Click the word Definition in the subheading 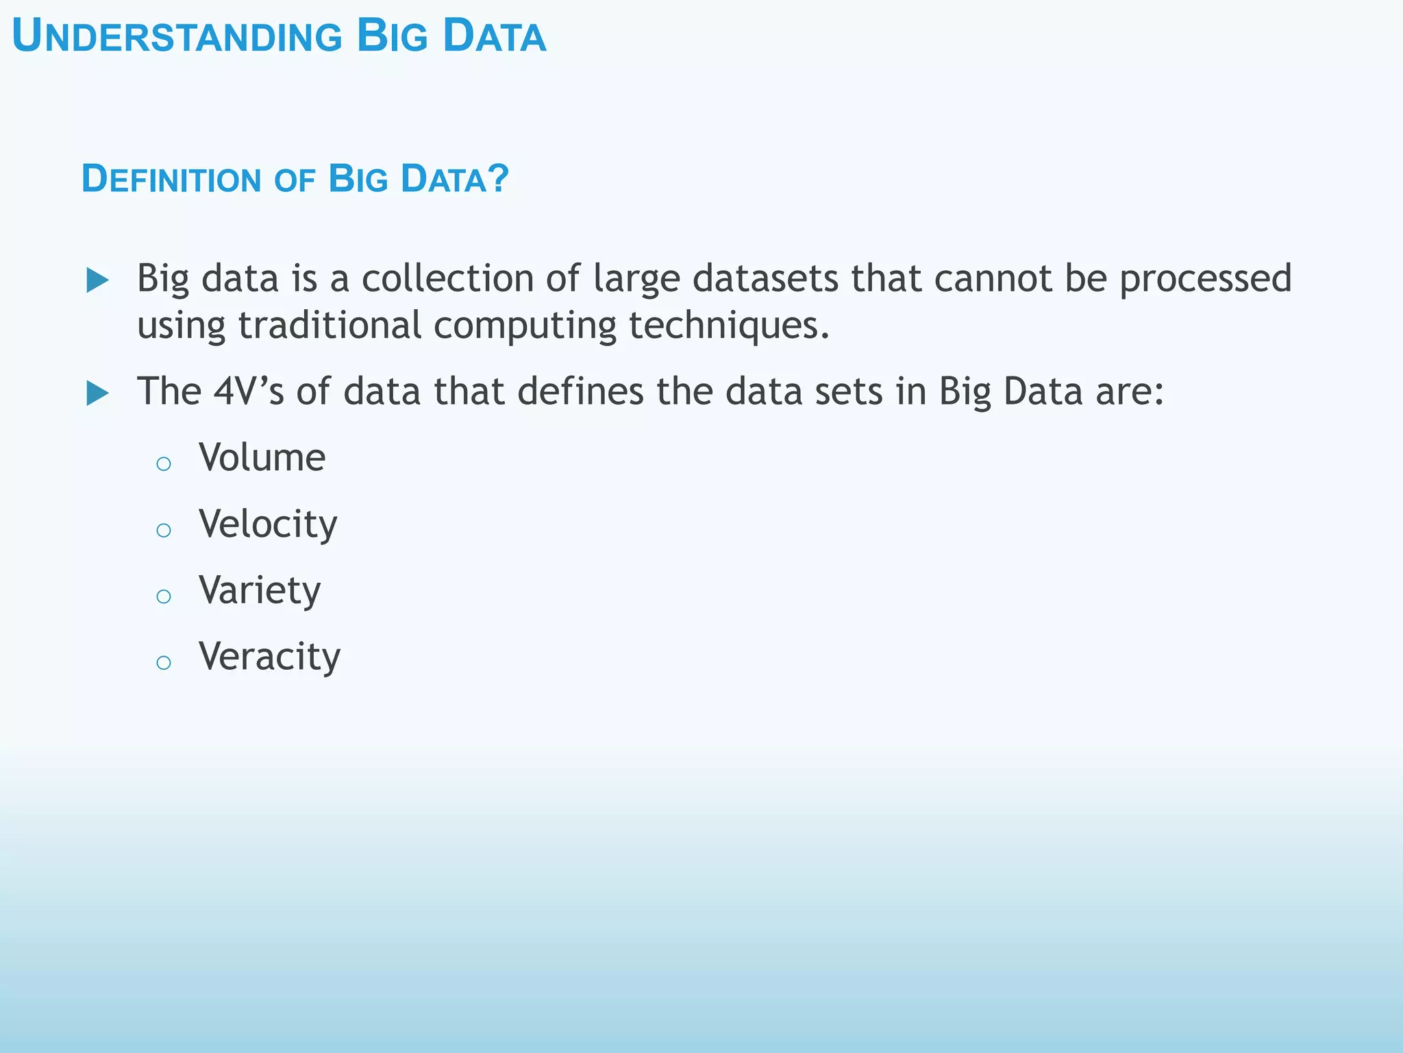[x=171, y=179]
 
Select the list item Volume [x=262, y=457]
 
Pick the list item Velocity [x=268, y=524]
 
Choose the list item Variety [x=260, y=590]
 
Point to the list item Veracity [x=269, y=657]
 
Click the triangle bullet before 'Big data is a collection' [x=98, y=280]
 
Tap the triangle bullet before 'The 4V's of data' [x=98, y=394]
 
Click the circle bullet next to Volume [x=163, y=464]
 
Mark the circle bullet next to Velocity [x=163, y=530]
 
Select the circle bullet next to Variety [x=163, y=596]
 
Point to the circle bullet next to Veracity [x=163, y=662]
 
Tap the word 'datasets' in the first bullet [x=765, y=278]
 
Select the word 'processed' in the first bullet [x=1205, y=280]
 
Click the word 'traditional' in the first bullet [x=330, y=325]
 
